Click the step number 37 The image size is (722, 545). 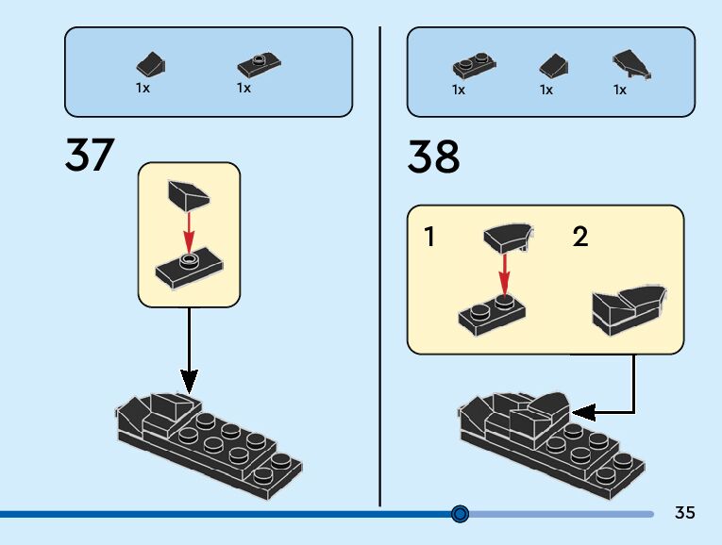[x=90, y=156]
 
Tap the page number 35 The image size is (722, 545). [x=684, y=513]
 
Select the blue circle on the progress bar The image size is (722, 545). [x=460, y=514]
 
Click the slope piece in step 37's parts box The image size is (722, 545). [x=151, y=65]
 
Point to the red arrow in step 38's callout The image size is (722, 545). [x=505, y=272]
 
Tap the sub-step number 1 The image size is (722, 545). [x=430, y=237]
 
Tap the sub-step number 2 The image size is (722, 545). [x=579, y=237]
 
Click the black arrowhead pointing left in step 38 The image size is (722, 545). [x=583, y=411]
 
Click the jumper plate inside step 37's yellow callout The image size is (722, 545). [x=189, y=270]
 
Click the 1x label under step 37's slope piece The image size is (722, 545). [x=143, y=88]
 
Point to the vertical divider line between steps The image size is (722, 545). [x=379, y=264]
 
